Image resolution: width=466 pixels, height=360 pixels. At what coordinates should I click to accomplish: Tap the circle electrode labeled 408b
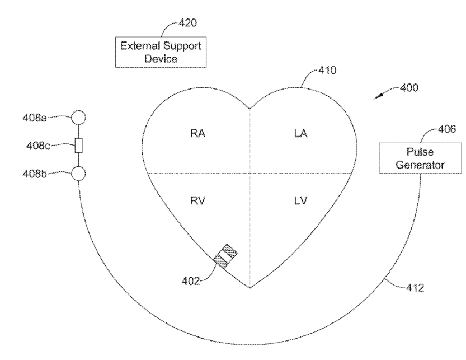(78, 174)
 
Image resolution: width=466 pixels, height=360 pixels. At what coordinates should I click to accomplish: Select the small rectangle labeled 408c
(78, 146)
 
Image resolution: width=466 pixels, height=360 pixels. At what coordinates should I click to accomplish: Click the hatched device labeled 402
(225, 256)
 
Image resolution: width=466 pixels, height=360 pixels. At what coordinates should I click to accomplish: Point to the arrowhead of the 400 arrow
(376, 99)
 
